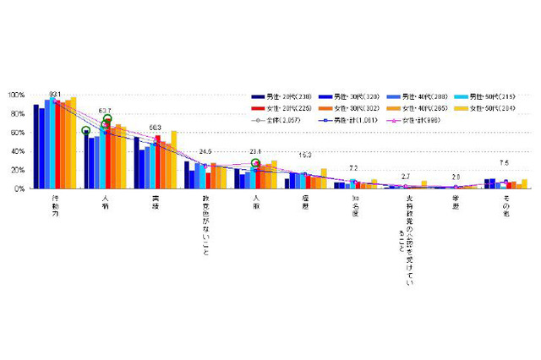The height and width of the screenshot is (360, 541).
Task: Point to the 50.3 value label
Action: pos(156,127)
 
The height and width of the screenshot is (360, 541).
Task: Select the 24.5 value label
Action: pos(206,152)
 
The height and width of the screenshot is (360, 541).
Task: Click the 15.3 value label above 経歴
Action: pos(305,155)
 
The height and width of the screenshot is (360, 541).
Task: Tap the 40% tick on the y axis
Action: pos(17,151)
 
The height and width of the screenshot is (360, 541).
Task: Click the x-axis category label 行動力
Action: pos(55,207)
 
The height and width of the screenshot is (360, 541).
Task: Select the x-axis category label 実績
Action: pos(156,203)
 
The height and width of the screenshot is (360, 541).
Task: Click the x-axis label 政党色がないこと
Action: pos(205,221)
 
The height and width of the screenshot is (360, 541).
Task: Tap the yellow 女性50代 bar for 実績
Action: pos(174,160)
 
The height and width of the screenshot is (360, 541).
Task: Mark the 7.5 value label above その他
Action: pos(504,163)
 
